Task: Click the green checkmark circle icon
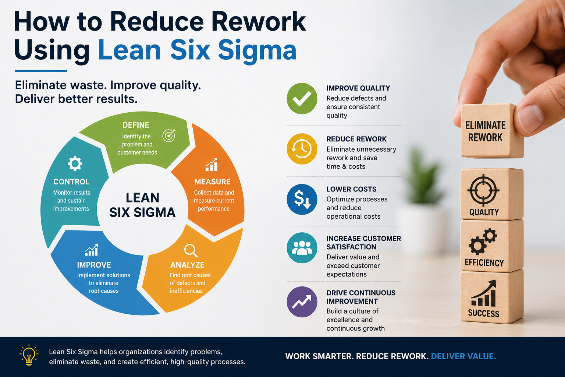click(302, 98)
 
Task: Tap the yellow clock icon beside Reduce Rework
click(302, 149)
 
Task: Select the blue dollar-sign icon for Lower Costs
click(302, 200)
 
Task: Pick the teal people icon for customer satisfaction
click(302, 248)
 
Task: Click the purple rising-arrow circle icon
click(302, 302)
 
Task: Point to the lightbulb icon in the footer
click(29, 355)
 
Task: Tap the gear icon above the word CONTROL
click(75, 163)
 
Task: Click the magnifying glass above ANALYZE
click(191, 250)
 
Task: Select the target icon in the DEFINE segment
click(169, 135)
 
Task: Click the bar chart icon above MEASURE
click(212, 165)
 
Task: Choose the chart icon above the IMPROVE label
click(92, 250)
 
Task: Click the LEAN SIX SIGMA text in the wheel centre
click(142, 205)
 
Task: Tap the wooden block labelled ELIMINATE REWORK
click(491, 131)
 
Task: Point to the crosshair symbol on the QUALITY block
click(483, 190)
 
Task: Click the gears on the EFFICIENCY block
click(483, 242)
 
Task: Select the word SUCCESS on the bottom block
click(484, 313)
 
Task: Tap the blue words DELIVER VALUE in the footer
click(463, 356)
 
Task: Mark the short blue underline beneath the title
click(41, 71)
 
